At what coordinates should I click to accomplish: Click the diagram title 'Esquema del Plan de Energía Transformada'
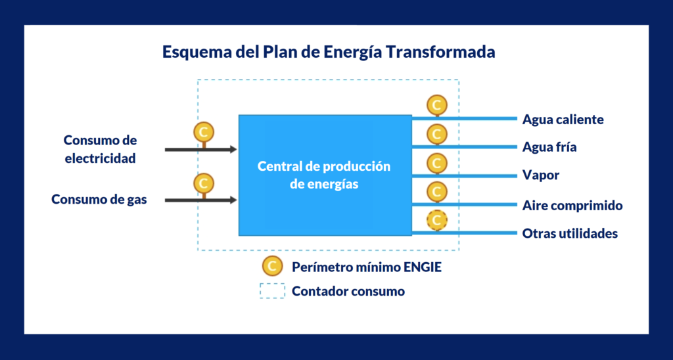pos(329,52)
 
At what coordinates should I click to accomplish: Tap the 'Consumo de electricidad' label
pos(100,149)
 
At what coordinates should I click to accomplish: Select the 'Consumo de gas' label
pos(99,200)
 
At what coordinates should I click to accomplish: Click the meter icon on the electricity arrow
pos(204,132)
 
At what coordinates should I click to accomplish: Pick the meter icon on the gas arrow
pos(204,183)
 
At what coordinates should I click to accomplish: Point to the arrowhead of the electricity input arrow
pos(233,149)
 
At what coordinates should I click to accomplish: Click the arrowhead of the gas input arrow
pos(233,200)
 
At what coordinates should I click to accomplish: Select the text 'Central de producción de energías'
pos(324,175)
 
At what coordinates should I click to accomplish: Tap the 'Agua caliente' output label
pos(563,120)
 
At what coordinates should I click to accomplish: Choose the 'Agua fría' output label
pos(549,147)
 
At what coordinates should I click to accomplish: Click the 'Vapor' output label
pos(541,175)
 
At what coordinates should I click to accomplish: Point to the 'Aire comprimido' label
pos(572,206)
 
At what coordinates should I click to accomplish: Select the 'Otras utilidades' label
pos(570,233)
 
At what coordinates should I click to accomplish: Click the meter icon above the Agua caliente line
pos(437,105)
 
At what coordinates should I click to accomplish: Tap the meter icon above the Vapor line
pos(437,163)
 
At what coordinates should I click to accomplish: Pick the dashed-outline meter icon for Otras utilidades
pos(437,220)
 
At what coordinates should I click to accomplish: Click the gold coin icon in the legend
pos(272,266)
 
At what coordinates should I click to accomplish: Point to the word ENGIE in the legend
pos(423,267)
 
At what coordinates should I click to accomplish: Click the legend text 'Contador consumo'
pos(348,291)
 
